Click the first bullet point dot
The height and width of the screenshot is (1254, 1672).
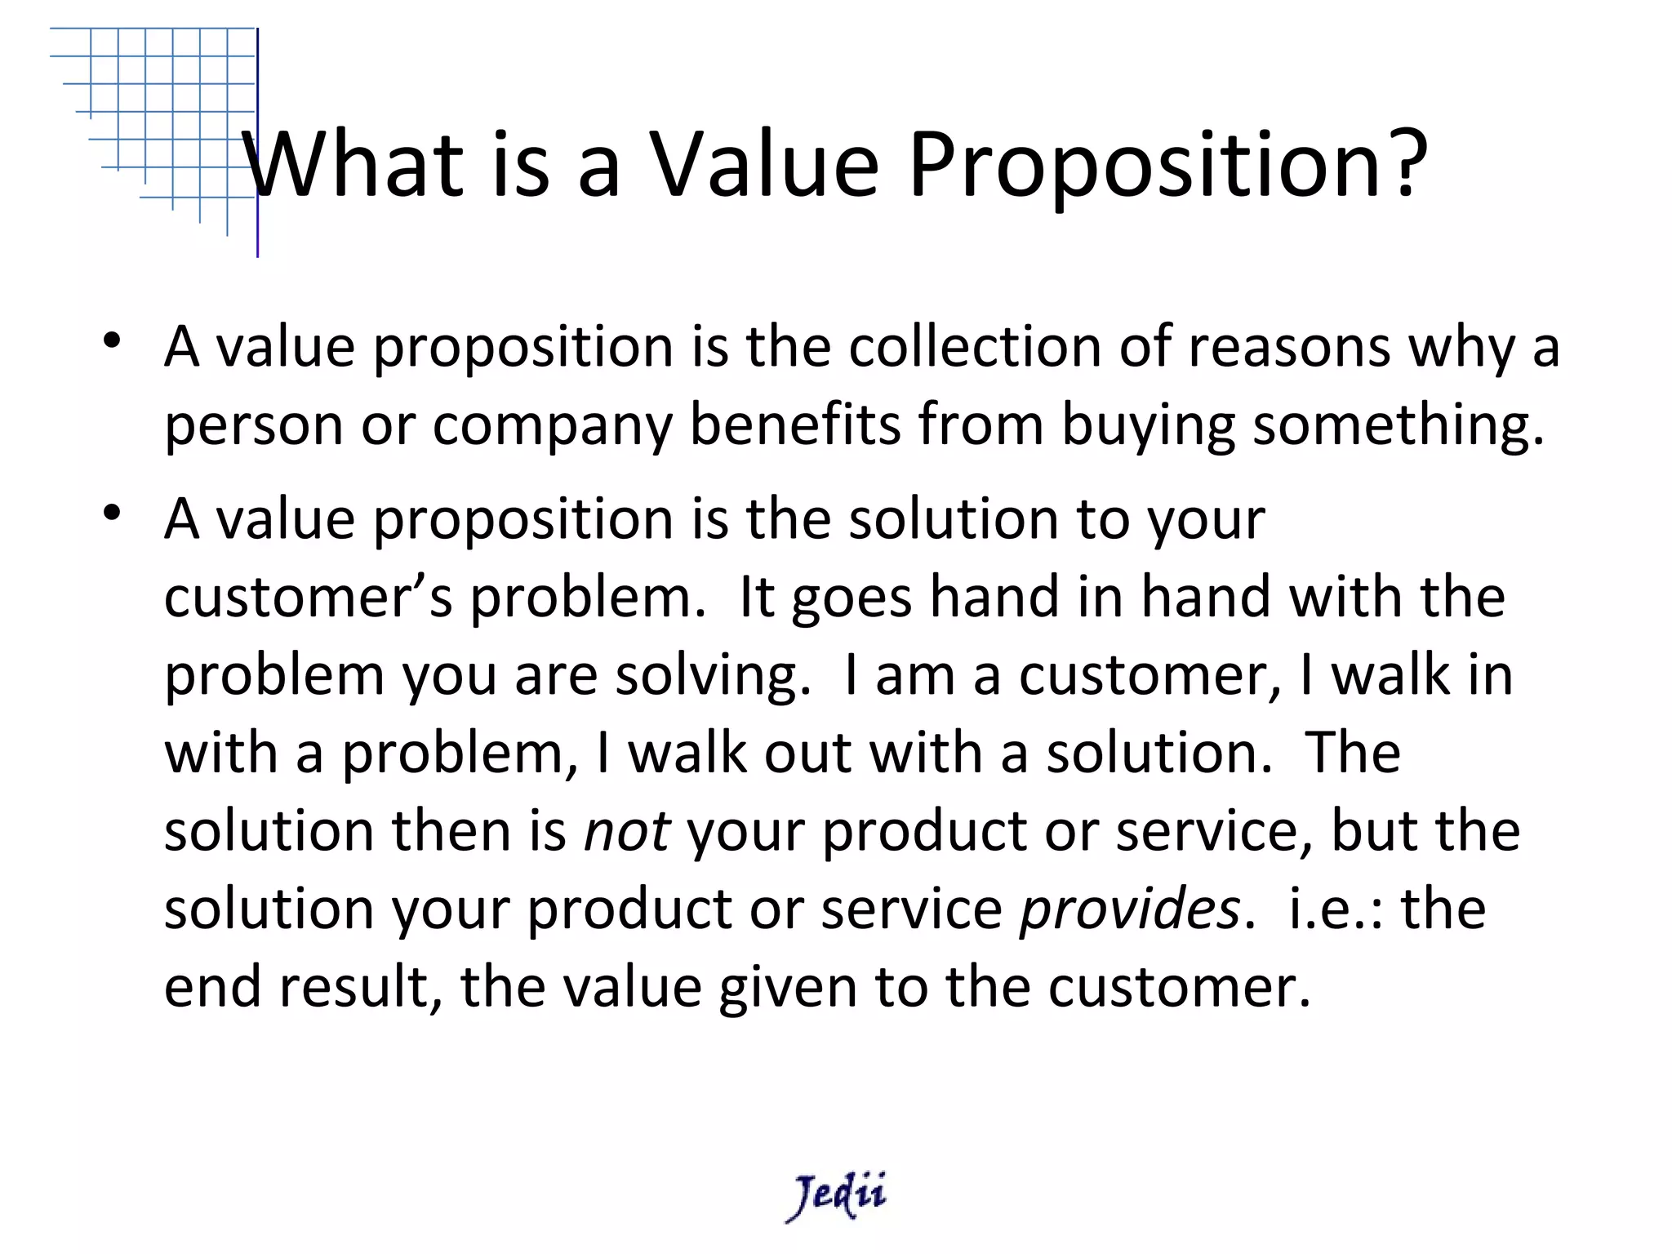click(113, 340)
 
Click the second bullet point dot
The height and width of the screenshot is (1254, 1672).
click(113, 512)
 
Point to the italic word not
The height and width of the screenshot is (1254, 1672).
click(627, 832)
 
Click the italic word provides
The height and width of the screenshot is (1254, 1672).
click(1130, 909)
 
